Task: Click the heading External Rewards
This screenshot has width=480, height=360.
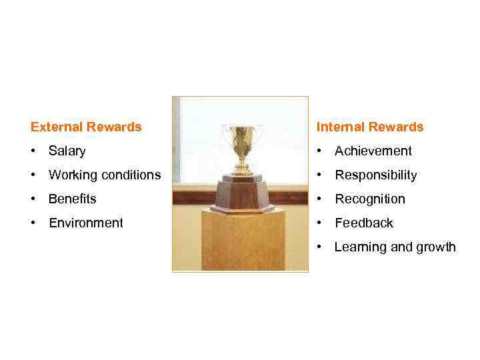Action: pos(86,127)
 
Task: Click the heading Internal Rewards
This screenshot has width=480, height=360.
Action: pos(369,127)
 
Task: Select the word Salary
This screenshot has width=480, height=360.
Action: pos(67,151)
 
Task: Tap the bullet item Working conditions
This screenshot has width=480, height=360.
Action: pos(104,175)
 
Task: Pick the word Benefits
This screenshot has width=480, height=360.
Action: pos(72,199)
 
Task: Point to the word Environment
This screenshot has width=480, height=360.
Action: pos(85,223)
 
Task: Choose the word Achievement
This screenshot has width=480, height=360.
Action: pos(373,151)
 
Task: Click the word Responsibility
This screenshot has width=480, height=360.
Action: pos(375,175)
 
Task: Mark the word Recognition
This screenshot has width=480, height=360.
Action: pos(369,199)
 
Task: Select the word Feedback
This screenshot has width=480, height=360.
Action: pos(363,223)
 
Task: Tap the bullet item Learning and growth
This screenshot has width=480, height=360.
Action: pos(395,247)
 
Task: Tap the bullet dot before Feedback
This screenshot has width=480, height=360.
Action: pos(320,223)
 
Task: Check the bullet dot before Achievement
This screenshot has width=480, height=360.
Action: pos(320,151)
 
